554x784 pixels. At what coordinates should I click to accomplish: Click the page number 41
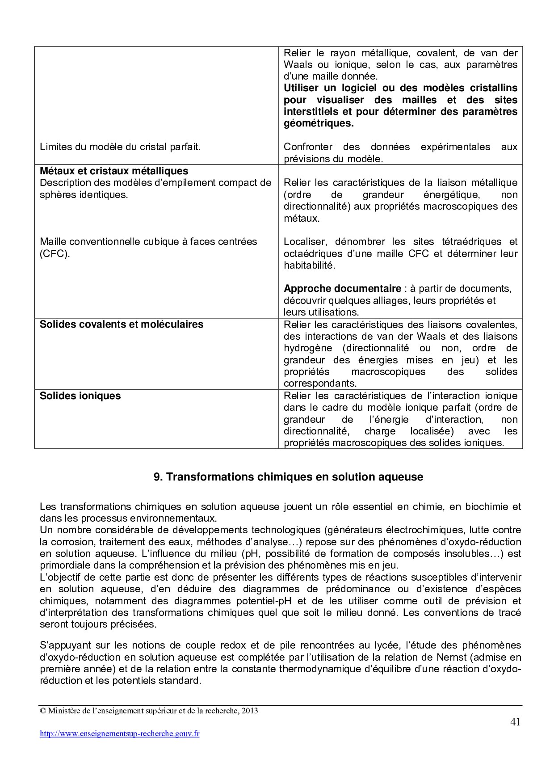point(515,722)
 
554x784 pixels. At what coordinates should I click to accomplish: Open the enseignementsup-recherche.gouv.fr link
point(120,733)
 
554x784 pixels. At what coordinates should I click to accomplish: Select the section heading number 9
point(157,477)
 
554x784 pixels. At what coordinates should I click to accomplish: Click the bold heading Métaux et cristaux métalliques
point(114,171)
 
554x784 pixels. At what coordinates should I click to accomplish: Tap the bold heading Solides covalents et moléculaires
point(122,324)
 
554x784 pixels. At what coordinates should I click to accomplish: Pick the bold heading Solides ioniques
point(80,396)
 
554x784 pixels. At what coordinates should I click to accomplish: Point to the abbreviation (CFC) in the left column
point(55,253)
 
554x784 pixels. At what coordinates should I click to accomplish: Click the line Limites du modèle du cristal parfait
point(120,147)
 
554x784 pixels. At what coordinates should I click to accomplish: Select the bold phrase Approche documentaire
point(342,288)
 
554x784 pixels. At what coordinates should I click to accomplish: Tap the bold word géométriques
point(319,123)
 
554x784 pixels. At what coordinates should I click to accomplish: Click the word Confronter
point(308,147)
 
